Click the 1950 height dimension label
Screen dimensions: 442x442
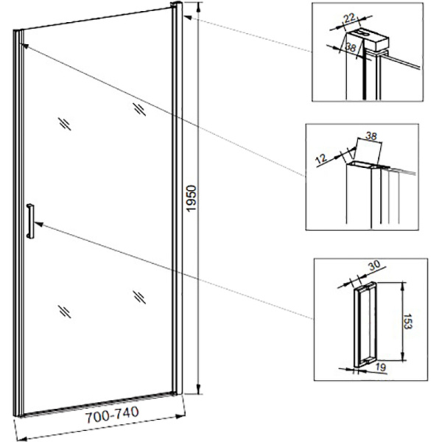pyautogui.click(x=191, y=198)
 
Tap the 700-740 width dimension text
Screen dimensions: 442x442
pyautogui.click(x=112, y=414)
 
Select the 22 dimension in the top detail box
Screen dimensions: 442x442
pyautogui.click(x=349, y=18)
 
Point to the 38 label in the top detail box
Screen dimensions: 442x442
pyautogui.click(x=351, y=47)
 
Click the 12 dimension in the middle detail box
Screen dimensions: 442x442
pyautogui.click(x=321, y=158)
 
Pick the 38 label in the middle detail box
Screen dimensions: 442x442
pyautogui.click(x=371, y=136)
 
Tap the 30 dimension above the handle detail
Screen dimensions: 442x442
pyautogui.click(x=374, y=265)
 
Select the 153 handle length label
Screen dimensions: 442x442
pyautogui.click(x=407, y=321)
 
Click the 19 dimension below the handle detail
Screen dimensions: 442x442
pyautogui.click(x=381, y=367)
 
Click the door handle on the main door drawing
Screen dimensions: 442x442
pyautogui.click(x=30, y=221)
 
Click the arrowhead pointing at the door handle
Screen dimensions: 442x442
pyautogui.click(x=38, y=224)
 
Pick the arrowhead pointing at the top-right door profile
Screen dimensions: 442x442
pyautogui.click(x=187, y=17)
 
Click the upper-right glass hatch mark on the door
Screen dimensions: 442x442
pyautogui.click(x=139, y=109)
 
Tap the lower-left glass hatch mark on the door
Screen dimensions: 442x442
pyautogui.click(x=65, y=312)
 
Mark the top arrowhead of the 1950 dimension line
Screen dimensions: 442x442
pyautogui.click(x=199, y=7)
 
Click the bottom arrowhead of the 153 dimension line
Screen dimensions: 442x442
pyautogui.click(x=404, y=356)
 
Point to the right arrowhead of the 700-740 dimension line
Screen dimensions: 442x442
pyautogui.click(x=180, y=415)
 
